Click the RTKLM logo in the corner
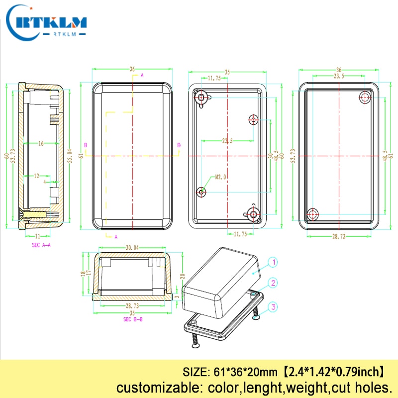pos(48,22)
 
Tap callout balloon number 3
pos(272,307)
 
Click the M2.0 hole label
pos(221,177)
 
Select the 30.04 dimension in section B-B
pos(132,247)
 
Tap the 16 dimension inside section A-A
pos(41,143)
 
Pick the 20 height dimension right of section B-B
pos(182,277)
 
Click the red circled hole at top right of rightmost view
pos(365,98)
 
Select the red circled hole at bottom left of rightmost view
pos(312,214)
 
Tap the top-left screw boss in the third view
pos(201,98)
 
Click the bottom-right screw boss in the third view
pos(254,214)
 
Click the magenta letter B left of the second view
pos(86,145)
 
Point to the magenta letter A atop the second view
pos(142,75)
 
